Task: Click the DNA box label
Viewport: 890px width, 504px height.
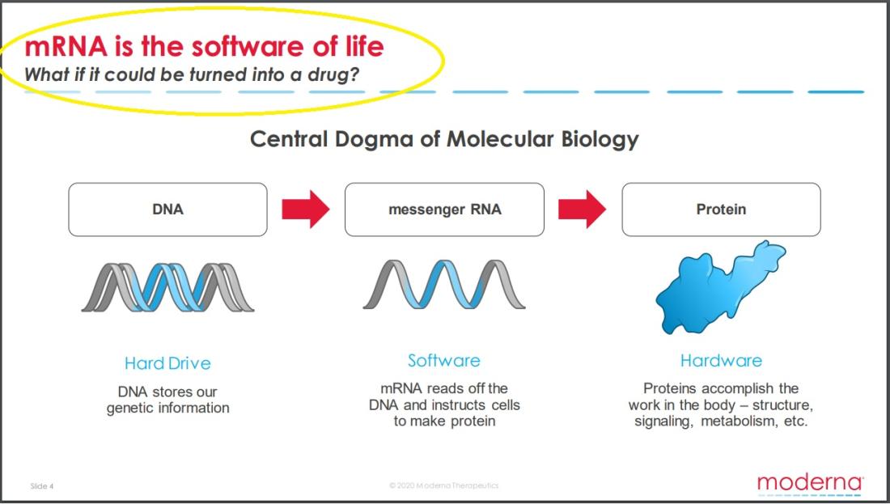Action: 167,210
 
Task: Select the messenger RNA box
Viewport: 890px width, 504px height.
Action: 444,210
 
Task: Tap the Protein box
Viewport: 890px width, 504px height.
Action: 721,210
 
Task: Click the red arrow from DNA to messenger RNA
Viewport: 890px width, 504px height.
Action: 305,210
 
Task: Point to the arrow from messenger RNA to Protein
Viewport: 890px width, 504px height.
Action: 583,210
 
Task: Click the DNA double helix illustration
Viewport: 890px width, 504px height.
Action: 167,287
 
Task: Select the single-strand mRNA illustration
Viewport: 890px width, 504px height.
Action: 444,284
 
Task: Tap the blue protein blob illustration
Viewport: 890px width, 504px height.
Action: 720,287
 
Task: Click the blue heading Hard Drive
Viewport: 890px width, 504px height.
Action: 167,363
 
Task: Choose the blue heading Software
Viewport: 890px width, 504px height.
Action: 444,361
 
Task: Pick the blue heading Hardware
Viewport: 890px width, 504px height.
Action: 721,361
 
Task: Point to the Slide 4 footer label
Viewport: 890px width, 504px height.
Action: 42,486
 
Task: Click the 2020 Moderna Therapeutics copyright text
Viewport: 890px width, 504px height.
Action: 444,485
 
